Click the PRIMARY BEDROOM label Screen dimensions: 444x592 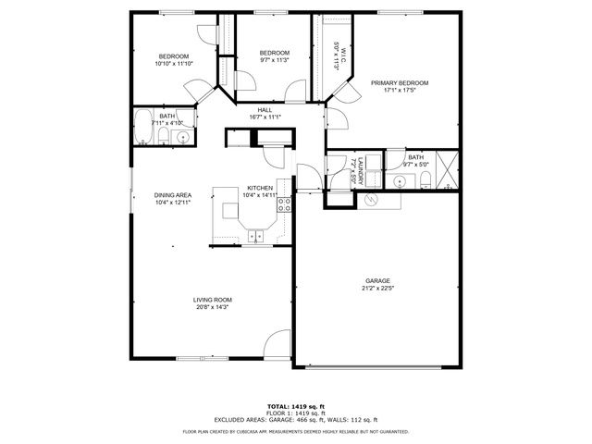click(x=400, y=82)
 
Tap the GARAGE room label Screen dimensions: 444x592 click(x=376, y=280)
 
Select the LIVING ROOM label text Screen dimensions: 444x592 click(x=212, y=300)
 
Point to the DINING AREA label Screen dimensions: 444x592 click(x=172, y=195)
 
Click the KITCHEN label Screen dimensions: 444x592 click(x=259, y=188)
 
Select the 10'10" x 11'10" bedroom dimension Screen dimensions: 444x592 click(x=173, y=63)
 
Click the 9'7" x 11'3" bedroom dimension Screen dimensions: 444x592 click(x=274, y=60)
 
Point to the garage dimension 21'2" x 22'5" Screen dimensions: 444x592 click(x=376, y=288)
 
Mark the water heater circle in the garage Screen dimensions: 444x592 click(x=372, y=200)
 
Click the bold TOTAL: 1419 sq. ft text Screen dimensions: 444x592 click(x=295, y=406)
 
